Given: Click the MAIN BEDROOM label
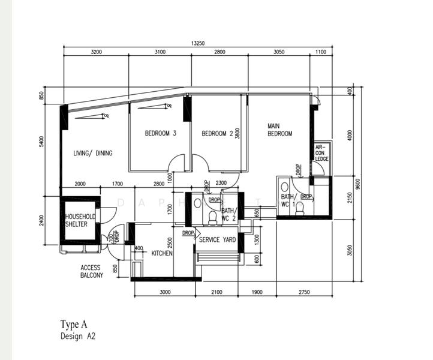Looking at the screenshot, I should (279, 130).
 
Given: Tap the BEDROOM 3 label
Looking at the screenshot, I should (160, 133).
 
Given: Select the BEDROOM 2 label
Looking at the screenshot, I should (217, 133).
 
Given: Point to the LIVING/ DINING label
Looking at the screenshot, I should (93, 154).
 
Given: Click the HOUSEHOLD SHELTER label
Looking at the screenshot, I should (80, 220).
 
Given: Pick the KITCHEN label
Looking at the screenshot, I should (162, 254).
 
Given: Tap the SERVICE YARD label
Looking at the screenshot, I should (217, 240).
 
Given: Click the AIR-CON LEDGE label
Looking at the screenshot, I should (322, 153).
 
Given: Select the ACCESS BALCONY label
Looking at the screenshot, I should (92, 272).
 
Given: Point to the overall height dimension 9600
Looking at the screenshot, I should (358, 183).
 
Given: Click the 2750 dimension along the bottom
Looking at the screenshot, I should (304, 292).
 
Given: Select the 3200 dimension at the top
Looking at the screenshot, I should (96, 52).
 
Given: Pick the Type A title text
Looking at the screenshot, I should (74, 325).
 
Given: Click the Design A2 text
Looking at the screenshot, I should (77, 337).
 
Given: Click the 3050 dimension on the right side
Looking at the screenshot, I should (350, 250).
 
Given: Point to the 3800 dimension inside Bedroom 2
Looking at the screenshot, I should (237, 133).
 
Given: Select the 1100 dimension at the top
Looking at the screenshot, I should (320, 52).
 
